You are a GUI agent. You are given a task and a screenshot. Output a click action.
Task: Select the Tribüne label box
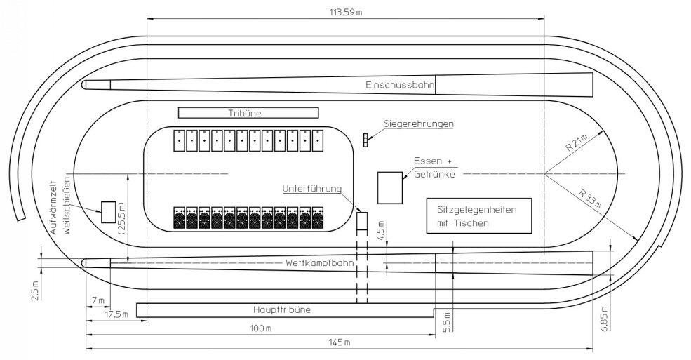click(248, 112)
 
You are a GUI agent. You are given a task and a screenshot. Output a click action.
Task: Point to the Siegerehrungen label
click(419, 124)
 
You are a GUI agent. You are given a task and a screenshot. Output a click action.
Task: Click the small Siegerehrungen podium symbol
click(365, 140)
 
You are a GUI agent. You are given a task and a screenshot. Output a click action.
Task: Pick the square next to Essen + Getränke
click(390, 187)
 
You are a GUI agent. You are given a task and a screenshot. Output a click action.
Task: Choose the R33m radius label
click(591, 198)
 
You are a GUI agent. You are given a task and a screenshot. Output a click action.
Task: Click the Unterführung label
click(311, 188)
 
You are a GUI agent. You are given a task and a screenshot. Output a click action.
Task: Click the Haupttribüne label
click(281, 309)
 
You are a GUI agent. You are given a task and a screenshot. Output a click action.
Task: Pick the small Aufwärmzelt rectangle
click(108, 212)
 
